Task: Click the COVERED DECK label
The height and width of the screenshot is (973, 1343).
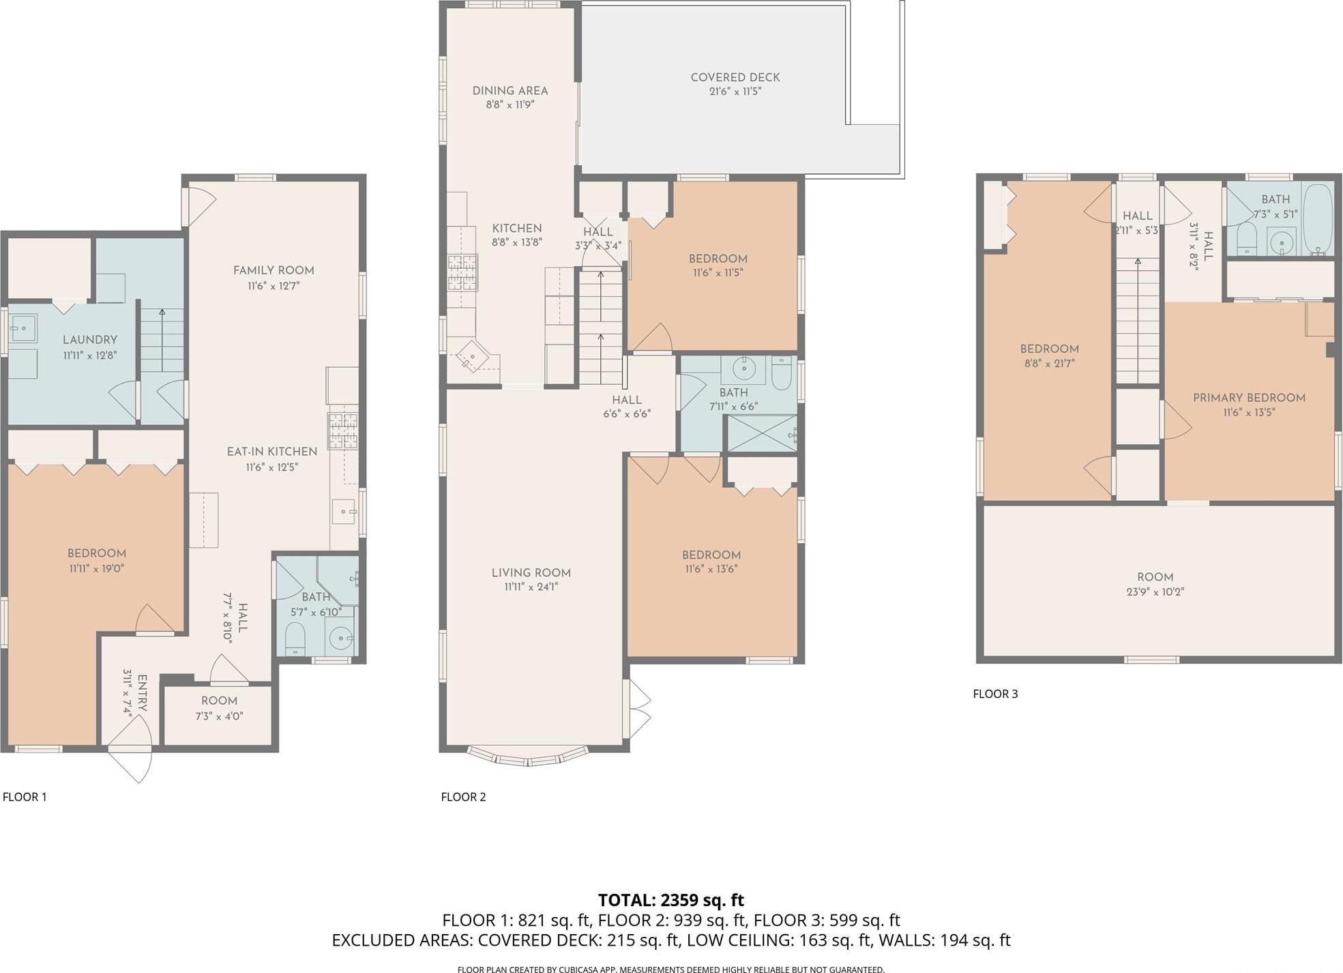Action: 735,78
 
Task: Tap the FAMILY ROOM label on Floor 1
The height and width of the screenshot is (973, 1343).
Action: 274,270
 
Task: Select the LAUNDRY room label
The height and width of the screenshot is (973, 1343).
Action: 90,340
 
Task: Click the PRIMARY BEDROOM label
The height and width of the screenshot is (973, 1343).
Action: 1249,398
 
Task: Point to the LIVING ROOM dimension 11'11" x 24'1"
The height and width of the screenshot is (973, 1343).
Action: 531,587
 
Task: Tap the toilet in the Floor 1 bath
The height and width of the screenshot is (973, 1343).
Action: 295,637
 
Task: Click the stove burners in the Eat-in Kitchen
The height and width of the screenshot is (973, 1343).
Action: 343,431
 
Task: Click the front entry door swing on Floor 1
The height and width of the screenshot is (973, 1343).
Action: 132,754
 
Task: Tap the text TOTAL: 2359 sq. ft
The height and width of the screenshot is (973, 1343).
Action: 670,899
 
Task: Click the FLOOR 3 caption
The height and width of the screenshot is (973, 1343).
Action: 995,694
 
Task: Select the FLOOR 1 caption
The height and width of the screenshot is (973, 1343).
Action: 25,796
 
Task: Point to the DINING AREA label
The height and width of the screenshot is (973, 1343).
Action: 510,91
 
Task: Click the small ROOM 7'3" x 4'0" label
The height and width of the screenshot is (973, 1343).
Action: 219,701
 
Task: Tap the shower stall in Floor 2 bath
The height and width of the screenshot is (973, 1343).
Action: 762,433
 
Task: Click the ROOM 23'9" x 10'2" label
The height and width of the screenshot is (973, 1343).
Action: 1155,577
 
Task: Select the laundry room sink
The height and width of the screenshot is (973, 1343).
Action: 23,328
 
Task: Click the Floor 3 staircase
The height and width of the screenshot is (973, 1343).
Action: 1137,321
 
